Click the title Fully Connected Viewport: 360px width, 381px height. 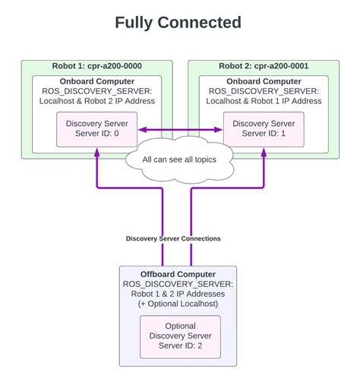tap(178, 23)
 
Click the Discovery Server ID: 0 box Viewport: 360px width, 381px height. tap(96, 129)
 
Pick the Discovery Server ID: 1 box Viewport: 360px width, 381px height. tap(263, 129)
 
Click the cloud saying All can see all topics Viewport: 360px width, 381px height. tap(180, 160)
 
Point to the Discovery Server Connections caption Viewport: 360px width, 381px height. tap(173, 238)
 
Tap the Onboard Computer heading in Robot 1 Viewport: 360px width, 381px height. tap(96, 81)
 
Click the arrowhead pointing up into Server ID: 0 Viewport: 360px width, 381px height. tap(96, 153)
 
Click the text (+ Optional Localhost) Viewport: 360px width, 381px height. tap(178, 303)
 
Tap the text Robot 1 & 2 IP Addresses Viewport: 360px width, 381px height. tap(178, 293)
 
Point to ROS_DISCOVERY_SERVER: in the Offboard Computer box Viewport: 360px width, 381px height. tap(178, 283)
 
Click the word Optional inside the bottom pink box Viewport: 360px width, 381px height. tap(180, 326)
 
